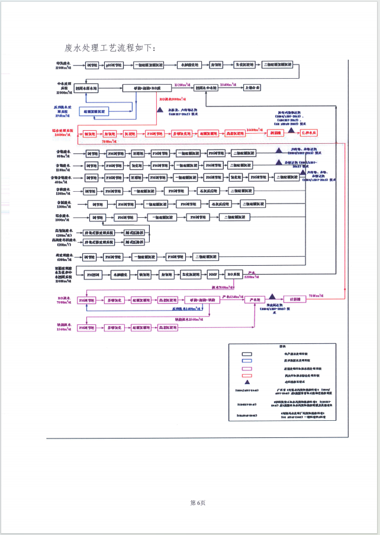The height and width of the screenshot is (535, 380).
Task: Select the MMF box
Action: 212,275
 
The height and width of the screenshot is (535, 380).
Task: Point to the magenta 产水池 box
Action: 255,300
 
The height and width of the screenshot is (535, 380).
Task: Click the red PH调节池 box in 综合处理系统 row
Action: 154,134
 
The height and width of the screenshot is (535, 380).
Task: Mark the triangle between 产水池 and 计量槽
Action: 272,296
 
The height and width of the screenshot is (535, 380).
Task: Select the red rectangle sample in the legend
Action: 247,375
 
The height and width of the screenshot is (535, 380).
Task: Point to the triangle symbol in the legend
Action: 247,382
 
